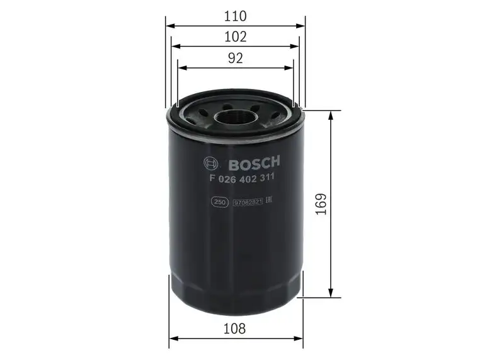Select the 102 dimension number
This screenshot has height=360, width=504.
[x=235, y=37]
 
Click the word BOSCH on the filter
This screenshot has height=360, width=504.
[x=254, y=165]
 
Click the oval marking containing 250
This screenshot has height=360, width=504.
[x=219, y=202]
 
